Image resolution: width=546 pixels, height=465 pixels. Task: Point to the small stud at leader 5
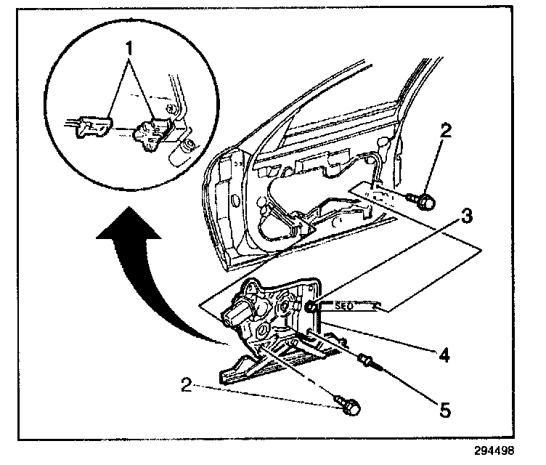tap(366, 359)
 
